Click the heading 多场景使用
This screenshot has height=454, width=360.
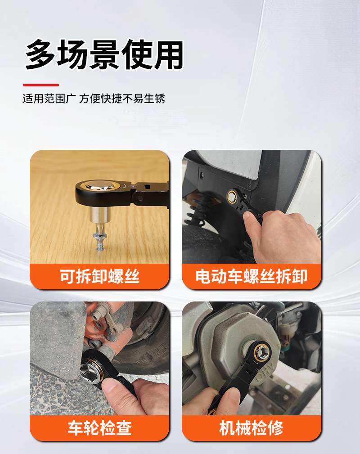104,54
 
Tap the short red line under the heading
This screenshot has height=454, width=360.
41,85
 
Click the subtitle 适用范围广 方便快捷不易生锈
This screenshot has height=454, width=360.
94,99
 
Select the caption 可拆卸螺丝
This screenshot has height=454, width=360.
99,276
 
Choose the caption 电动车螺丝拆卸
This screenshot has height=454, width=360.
252,276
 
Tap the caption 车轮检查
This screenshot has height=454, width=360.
99,428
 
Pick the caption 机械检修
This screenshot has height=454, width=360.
252,428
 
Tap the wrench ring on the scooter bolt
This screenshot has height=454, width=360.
232,196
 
